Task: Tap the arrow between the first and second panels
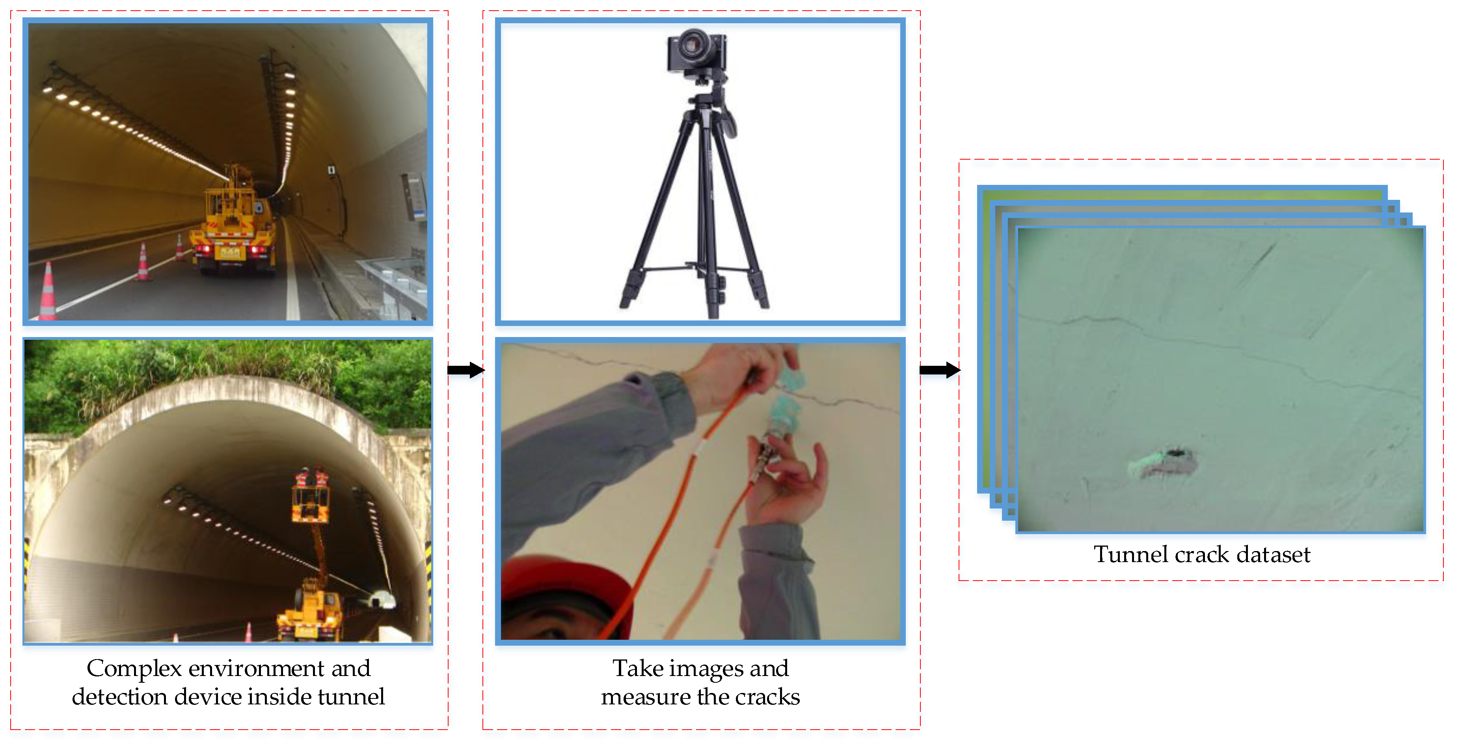click(466, 370)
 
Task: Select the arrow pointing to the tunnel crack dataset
click(940, 370)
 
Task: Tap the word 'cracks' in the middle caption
click(767, 697)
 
